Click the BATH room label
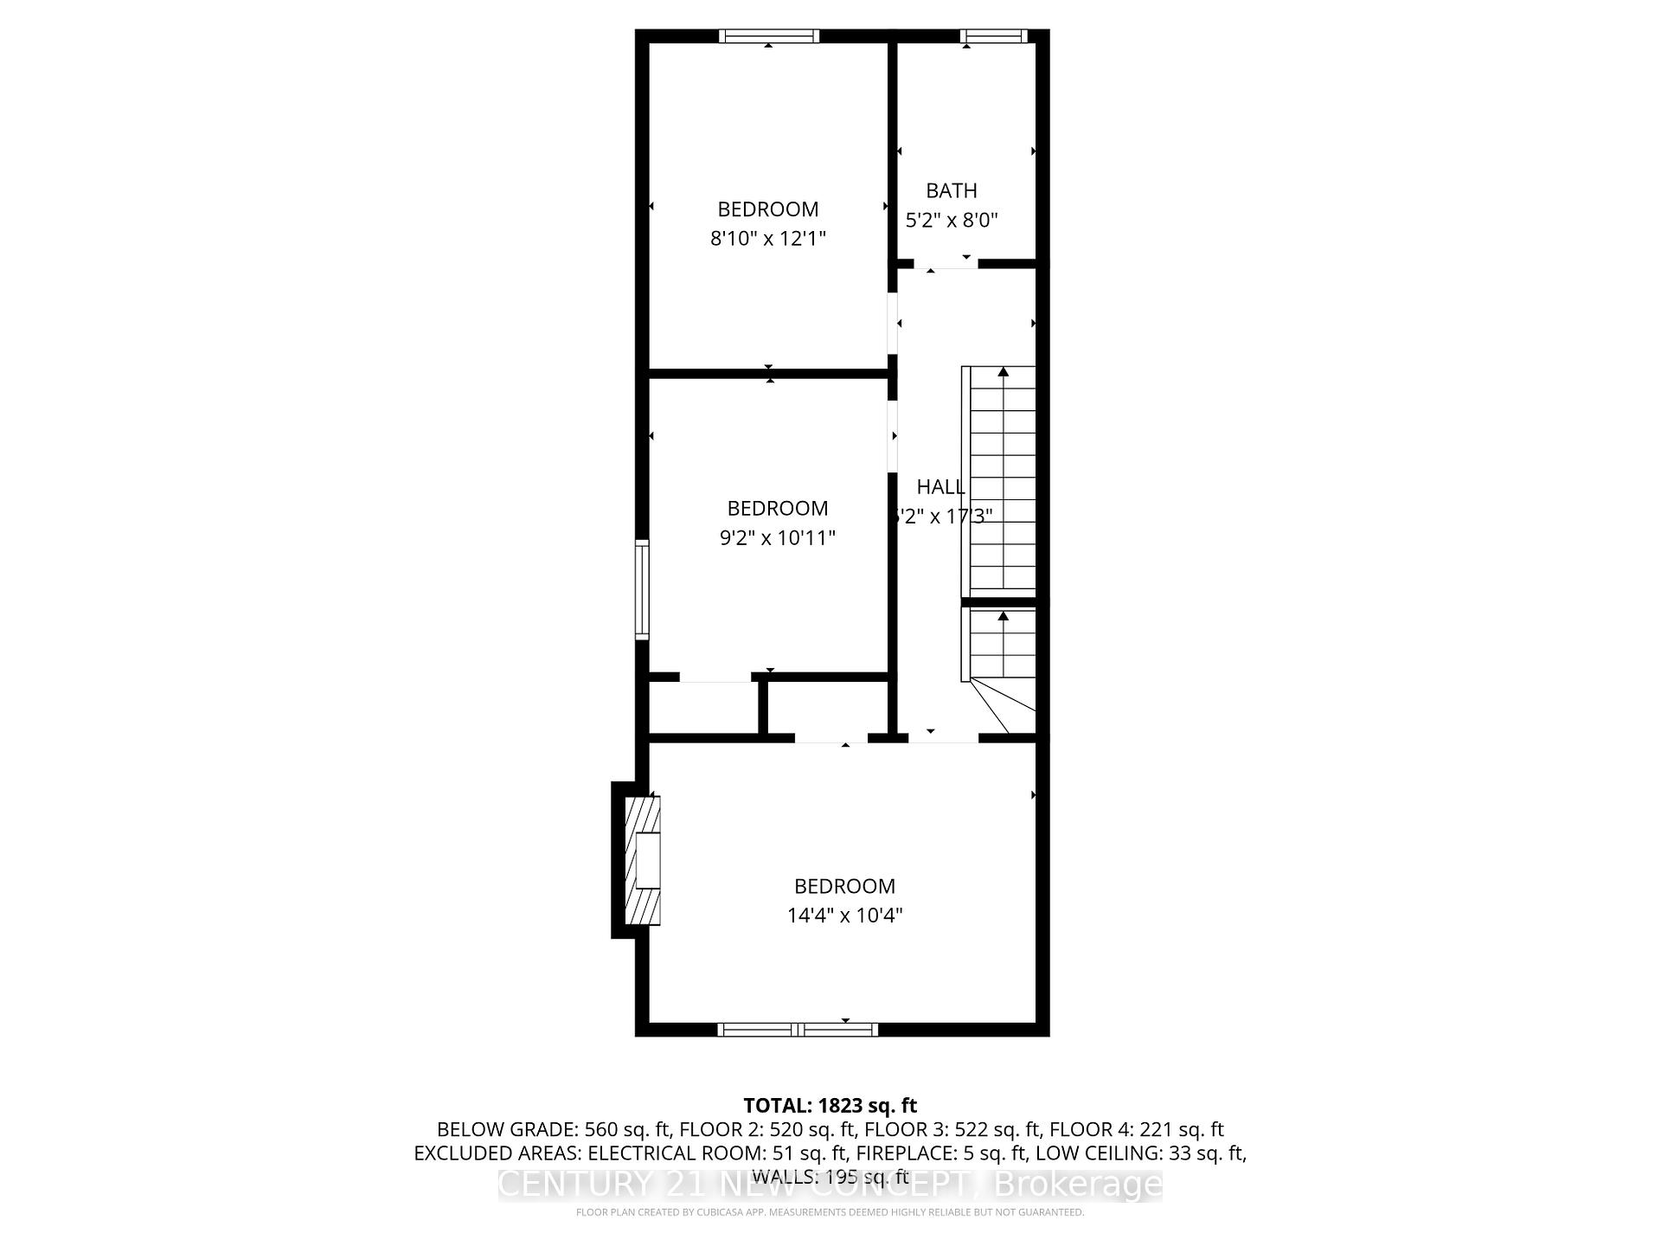click(x=952, y=190)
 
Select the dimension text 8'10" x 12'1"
click(x=768, y=238)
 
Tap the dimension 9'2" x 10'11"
click(x=778, y=537)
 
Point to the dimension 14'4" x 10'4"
click(x=845, y=915)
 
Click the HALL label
click(x=940, y=486)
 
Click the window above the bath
click(x=994, y=35)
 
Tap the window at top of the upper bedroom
click(x=769, y=35)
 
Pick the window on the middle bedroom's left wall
click(x=642, y=589)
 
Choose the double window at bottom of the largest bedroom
click(x=798, y=1029)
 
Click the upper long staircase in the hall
click(x=1002, y=480)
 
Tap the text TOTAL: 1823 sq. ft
click(x=830, y=1105)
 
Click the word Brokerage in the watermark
click(x=1076, y=1184)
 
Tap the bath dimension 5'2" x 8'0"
click(x=952, y=220)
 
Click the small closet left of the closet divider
click(x=703, y=709)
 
